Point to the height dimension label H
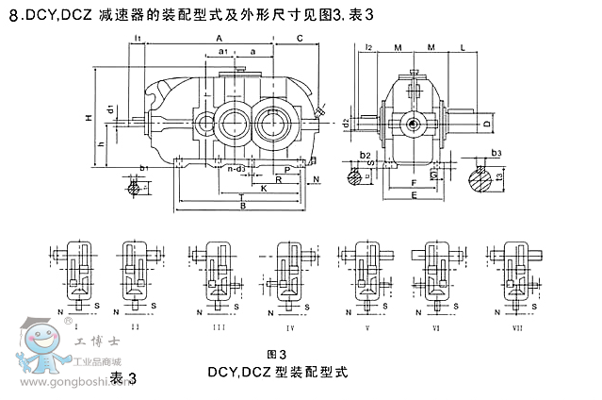point(87,118)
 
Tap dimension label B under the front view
point(242,206)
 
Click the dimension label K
point(264,188)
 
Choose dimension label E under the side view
point(414,195)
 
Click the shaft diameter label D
point(486,124)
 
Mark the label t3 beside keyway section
point(500,175)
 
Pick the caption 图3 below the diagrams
point(277,354)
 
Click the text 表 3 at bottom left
point(123,377)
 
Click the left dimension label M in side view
point(399,46)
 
